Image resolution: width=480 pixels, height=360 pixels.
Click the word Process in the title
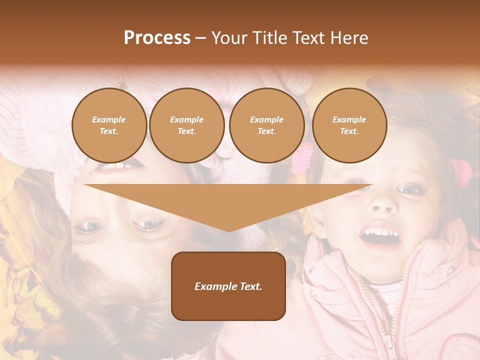coord(157,38)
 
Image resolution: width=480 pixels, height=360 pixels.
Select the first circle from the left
coord(109,125)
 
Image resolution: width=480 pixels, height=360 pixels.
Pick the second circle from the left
coord(186,125)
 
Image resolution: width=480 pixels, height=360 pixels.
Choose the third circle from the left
coord(266,125)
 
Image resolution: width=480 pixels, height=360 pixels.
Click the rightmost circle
coord(349,125)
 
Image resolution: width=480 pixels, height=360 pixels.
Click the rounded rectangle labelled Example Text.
coord(228,286)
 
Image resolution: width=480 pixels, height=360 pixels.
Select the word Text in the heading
coord(308,38)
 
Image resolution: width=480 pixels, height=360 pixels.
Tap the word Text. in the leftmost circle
coord(109,131)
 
